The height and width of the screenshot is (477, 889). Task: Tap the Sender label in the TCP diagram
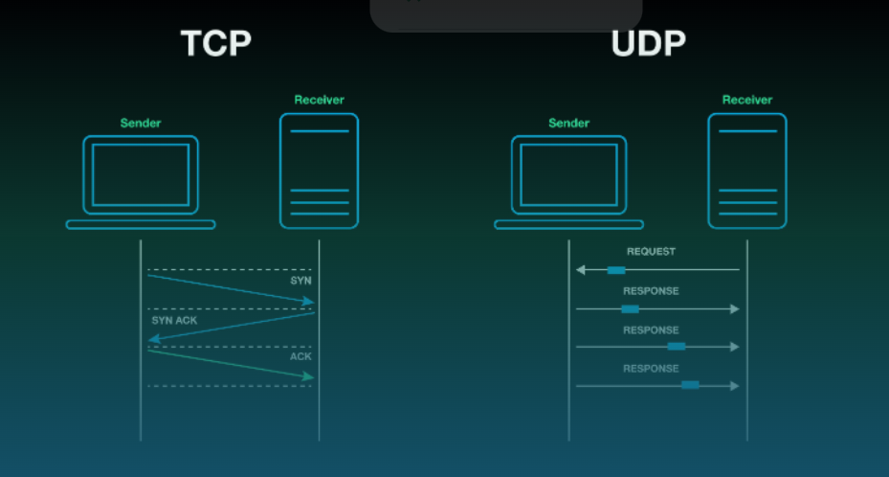tap(140, 123)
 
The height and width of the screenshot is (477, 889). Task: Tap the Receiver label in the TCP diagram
tap(319, 100)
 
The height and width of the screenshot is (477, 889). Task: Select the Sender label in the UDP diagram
tap(568, 123)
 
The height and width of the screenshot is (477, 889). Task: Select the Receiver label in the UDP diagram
tap(746, 100)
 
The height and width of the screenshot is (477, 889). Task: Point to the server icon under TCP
tap(319, 170)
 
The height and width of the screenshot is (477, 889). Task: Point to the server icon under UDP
tap(746, 170)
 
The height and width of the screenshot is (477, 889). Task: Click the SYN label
tap(300, 281)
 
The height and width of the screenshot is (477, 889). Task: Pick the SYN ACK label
tap(174, 320)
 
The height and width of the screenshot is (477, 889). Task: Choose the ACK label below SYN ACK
tap(300, 356)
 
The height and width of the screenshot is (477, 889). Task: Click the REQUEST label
tap(651, 252)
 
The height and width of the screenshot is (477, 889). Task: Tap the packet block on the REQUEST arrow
tap(616, 270)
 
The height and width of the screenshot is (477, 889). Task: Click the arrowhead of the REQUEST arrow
tap(580, 270)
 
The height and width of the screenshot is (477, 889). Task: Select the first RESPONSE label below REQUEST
tap(651, 291)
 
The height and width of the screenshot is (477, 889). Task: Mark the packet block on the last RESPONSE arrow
tap(690, 385)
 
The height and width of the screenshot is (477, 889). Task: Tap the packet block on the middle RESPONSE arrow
tap(677, 347)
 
